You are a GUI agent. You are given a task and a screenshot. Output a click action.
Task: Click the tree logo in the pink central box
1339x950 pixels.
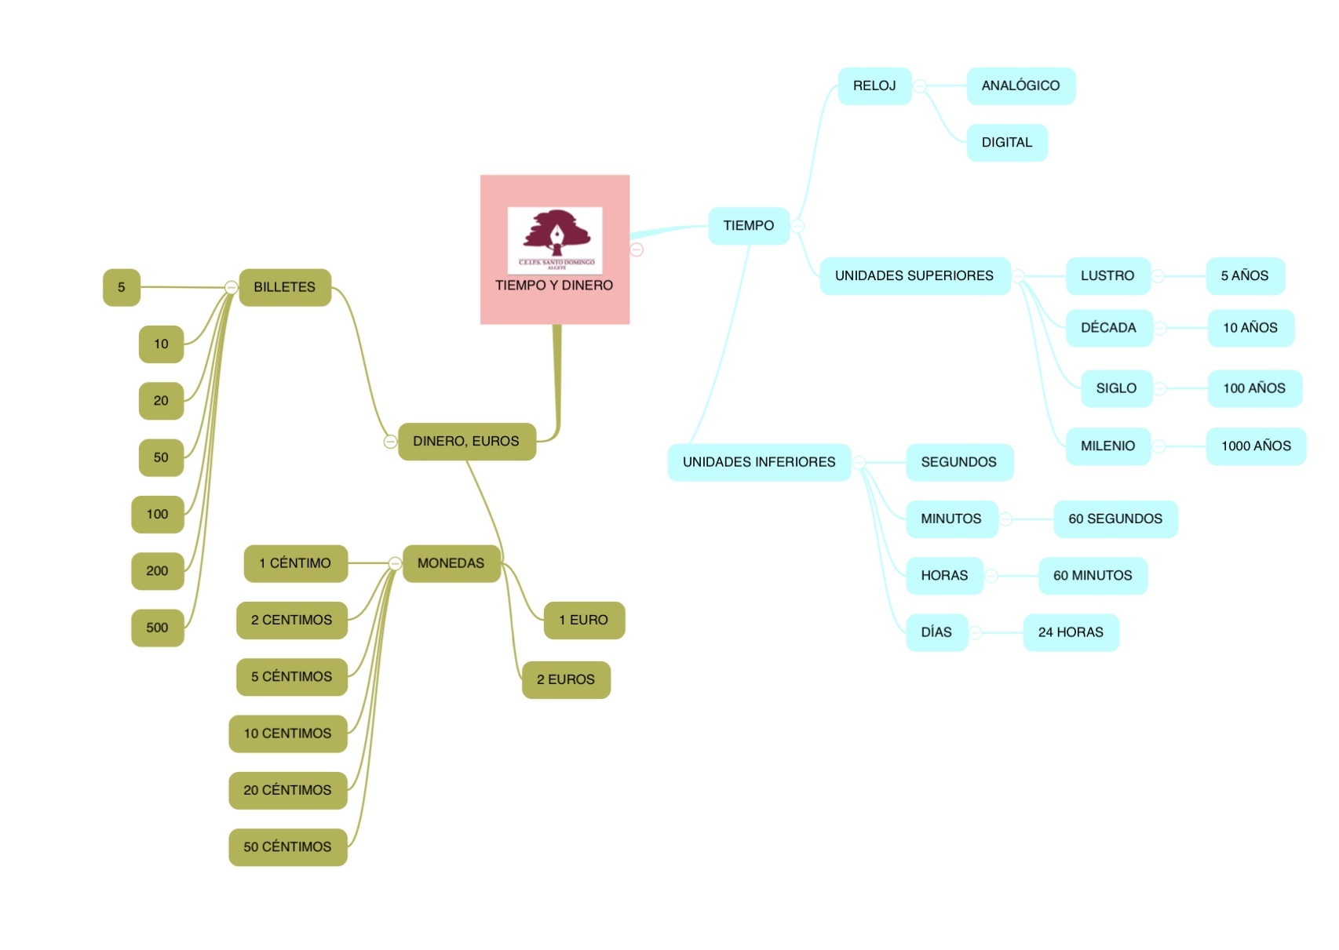(555, 235)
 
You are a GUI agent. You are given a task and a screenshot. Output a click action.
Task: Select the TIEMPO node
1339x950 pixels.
(748, 226)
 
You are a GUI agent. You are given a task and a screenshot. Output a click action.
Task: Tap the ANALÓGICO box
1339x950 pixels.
(1020, 86)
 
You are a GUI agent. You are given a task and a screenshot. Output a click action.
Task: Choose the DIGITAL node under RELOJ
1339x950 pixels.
(1007, 143)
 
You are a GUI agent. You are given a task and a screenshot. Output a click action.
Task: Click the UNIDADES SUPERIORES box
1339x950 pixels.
(914, 276)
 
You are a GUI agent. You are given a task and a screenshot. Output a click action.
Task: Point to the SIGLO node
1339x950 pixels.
(1116, 388)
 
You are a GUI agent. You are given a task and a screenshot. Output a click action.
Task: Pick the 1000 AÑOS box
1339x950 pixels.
(1256, 446)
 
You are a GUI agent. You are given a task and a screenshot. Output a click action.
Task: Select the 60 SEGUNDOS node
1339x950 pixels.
(1115, 519)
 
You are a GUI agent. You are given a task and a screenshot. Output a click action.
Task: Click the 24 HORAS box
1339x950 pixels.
(1071, 632)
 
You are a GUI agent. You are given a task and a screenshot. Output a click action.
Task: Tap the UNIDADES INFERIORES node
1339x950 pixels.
(759, 462)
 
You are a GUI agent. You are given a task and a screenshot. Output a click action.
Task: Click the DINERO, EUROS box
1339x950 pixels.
(466, 442)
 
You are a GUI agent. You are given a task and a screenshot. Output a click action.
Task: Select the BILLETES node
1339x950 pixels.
(284, 287)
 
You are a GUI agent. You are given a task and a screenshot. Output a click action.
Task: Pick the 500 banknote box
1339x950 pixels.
(157, 628)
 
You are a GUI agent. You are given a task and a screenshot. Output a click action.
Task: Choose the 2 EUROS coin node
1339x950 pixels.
(566, 679)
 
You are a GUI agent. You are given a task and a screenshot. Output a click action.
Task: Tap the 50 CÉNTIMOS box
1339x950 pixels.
(287, 847)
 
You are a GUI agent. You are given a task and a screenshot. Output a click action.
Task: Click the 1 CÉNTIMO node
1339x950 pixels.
(295, 563)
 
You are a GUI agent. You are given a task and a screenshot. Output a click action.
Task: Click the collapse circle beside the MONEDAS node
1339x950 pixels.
(395, 563)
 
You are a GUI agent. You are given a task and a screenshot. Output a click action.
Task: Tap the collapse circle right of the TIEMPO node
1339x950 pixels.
(797, 226)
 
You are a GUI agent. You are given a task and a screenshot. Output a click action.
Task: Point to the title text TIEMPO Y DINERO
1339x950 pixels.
(554, 286)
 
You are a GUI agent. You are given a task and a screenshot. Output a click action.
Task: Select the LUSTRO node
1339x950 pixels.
(1107, 276)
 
